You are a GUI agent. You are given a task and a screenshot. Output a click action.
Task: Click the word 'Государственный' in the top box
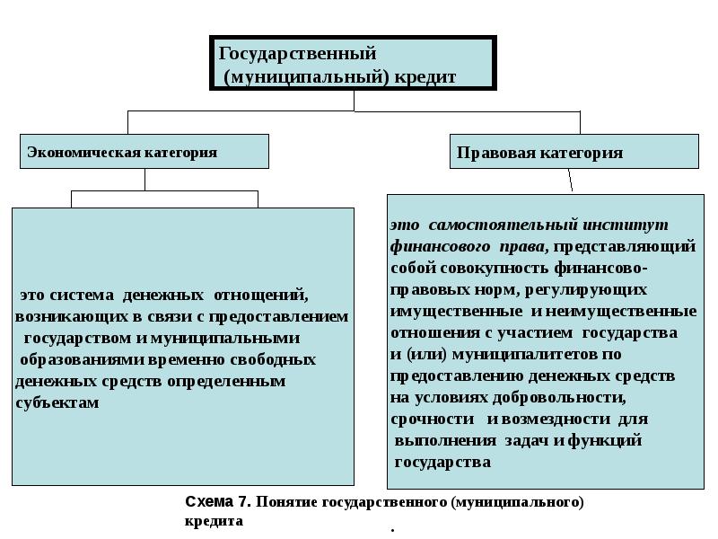tap(297, 54)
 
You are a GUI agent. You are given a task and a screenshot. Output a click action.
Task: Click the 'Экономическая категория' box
tap(144, 152)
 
